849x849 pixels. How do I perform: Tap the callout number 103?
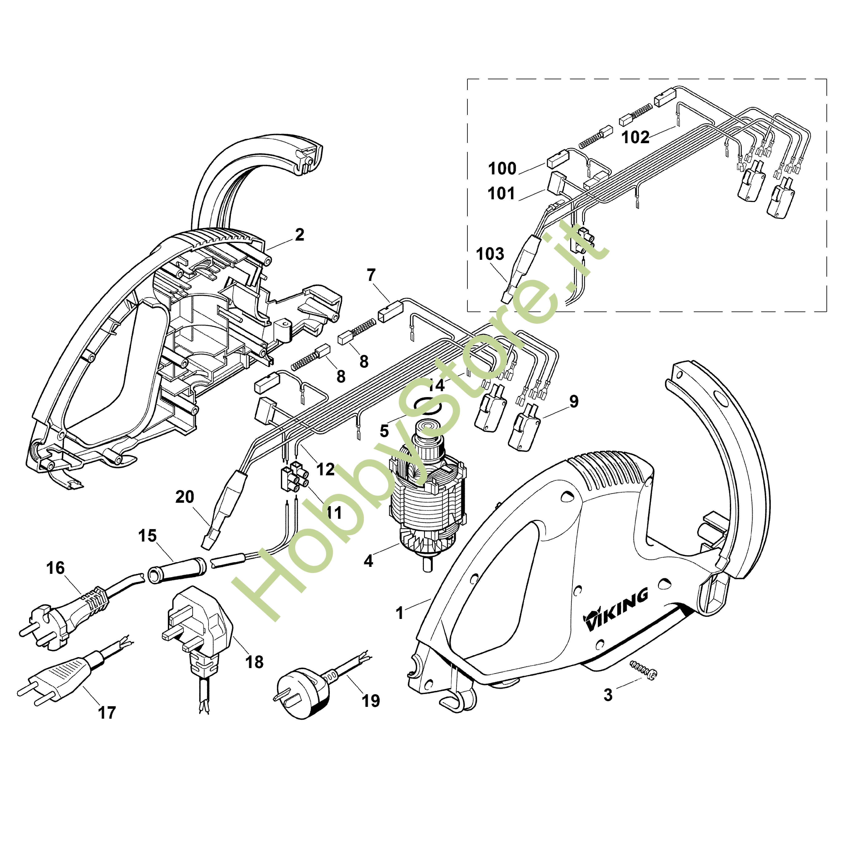(490, 254)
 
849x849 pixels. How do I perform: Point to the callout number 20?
(185, 497)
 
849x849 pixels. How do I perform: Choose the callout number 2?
(299, 235)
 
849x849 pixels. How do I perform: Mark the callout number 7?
(371, 276)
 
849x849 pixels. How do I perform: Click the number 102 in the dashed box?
(635, 137)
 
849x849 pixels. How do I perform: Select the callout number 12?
(325, 469)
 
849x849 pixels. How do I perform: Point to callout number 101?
(501, 193)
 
